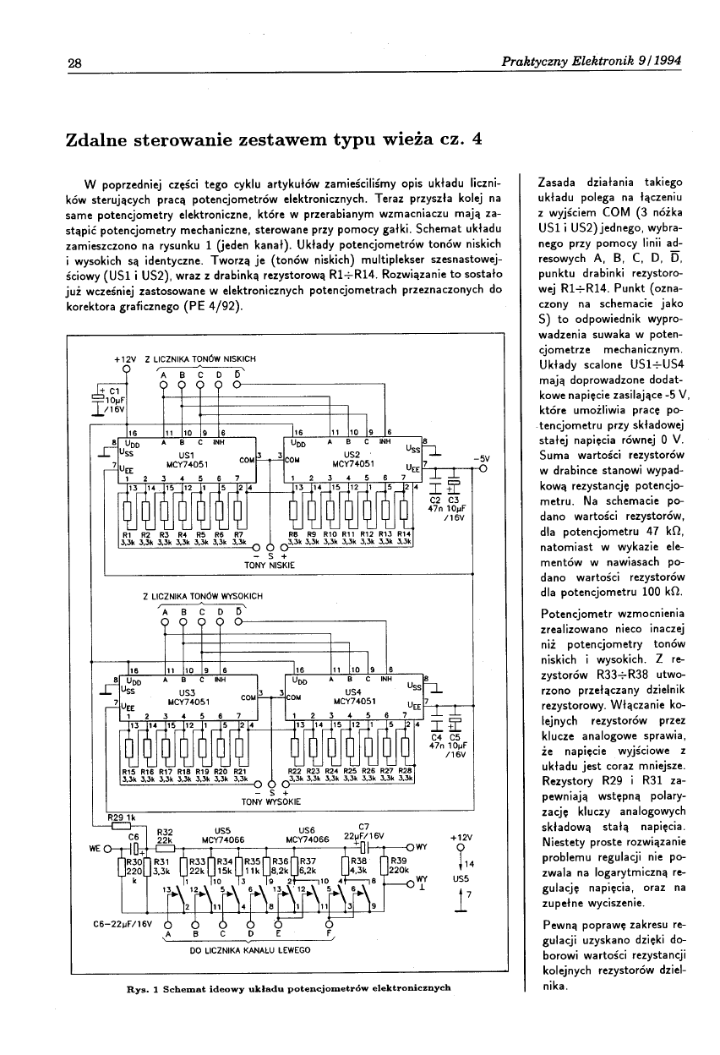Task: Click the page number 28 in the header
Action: pyautogui.click(x=74, y=63)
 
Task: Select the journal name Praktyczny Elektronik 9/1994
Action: pyautogui.click(x=591, y=62)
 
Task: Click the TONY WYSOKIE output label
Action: pyautogui.click(x=270, y=800)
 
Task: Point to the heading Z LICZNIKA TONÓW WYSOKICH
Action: pyautogui.click(x=203, y=597)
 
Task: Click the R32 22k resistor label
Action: pyautogui.click(x=166, y=836)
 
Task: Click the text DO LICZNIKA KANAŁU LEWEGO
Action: pyautogui.click(x=245, y=949)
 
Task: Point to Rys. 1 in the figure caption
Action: pyautogui.click(x=134, y=987)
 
